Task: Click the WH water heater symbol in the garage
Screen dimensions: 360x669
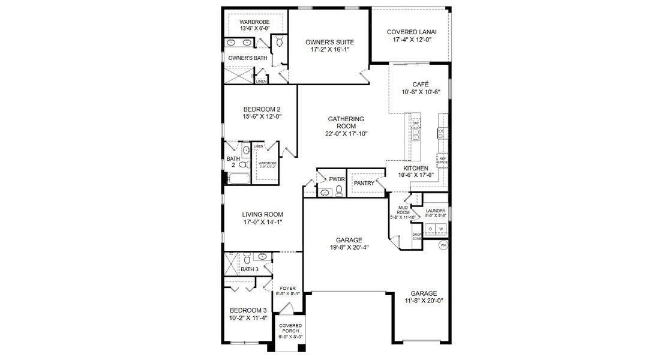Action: point(443,245)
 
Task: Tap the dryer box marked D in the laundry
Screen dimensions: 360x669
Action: point(430,229)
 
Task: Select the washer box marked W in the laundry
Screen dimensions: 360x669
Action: point(440,229)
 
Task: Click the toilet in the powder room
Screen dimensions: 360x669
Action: point(339,190)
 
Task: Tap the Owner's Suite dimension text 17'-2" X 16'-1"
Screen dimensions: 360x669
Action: point(329,50)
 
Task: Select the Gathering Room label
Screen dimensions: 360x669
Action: point(346,122)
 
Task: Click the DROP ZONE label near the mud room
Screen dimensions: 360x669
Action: point(417,236)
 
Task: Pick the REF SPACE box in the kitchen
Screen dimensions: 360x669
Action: point(442,161)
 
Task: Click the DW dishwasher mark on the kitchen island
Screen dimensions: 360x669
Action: point(415,123)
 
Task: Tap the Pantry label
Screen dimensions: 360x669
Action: point(364,183)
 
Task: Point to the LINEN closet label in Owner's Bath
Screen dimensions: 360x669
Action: point(261,81)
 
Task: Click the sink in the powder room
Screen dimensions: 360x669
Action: point(325,193)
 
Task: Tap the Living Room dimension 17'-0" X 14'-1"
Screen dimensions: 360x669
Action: point(262,222)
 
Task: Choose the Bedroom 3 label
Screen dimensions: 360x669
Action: point(247,310)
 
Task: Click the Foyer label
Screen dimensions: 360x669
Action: point(287,288)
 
